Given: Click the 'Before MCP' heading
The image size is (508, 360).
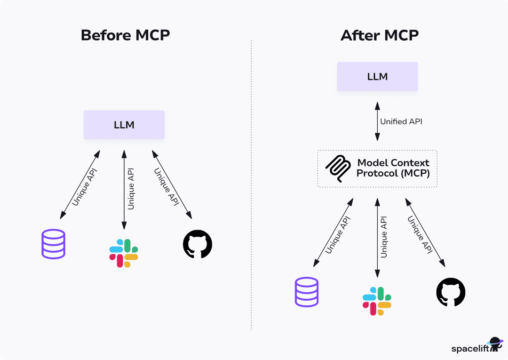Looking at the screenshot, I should [x=125, y=35].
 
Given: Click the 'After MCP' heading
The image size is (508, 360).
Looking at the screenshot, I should [x=380, y=35].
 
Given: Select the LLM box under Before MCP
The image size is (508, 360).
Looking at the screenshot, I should [x=124, y=125].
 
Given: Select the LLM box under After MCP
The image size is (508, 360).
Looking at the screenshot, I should [x=377, y=76].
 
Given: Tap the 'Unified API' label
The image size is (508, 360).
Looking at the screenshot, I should [x=401, y=121].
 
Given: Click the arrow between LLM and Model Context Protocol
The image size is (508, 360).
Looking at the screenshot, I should [x=377, y=121].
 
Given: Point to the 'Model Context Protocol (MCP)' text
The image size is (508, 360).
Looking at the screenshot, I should [x=393, y=168].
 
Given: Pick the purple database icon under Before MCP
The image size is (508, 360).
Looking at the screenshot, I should [x=53, y=244].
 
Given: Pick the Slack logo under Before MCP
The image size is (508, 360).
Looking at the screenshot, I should [x=123, y=253].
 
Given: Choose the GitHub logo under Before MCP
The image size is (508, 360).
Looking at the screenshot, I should [x=198, y=244].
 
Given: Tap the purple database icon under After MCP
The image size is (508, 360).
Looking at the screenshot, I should [x=307, y=292].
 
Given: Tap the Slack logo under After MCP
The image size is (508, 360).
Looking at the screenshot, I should [x=377, y=301].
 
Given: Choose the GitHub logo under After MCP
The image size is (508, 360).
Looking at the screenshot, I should [x=451, y=292].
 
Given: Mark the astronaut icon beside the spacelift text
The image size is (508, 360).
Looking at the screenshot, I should [x=495, y=344].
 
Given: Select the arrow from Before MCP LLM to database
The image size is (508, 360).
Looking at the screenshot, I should [x=80, y=185].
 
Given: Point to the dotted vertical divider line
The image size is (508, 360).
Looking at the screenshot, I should [x=251, y=188].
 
